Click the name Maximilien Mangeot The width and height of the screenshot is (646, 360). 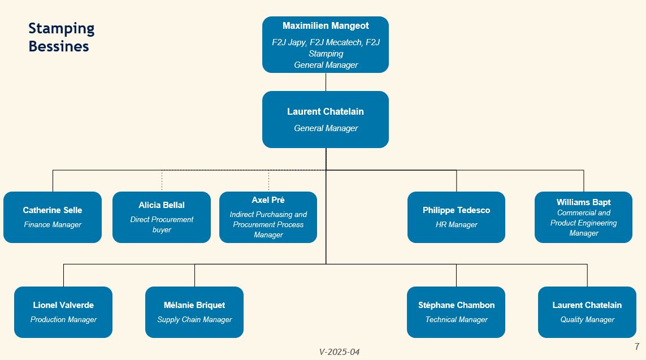pos(326,25)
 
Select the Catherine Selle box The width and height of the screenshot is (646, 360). pos(53,217)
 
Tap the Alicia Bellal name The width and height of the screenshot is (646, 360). pos(162,205)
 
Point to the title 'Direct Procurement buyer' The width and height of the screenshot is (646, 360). pos(162,224)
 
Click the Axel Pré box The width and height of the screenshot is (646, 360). pos(268,217)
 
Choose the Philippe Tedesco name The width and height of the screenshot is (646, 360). pos(456,210)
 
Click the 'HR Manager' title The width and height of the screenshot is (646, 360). pos(457,224)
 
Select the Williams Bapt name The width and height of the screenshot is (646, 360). pos(583,202)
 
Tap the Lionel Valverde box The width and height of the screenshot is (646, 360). pos(63,312)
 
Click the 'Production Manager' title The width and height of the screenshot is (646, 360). pos(63,320)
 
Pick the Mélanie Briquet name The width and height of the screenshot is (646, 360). pos(194,305)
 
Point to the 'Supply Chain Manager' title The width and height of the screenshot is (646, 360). pos(194,320)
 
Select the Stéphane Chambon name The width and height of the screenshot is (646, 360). pos(457,305)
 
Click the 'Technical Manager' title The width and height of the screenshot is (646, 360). pos(457,320)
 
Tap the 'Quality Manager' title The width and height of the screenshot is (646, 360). pos(587,320)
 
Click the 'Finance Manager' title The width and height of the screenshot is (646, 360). pos(53,224)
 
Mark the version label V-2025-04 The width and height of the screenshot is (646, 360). pos(339,352)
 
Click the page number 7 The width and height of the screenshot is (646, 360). pos(637,346)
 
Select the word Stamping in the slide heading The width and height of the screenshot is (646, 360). pos(62,29)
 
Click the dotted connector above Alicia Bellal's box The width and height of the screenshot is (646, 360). pos(162,181)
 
